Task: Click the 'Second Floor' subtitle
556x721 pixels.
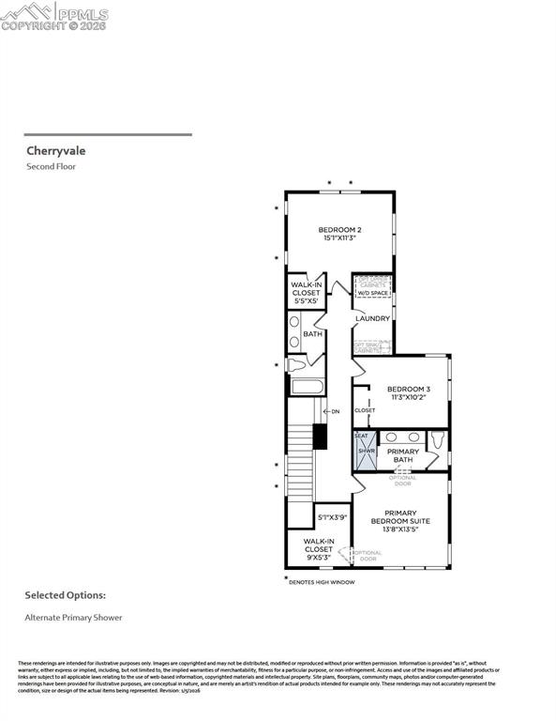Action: click(51, 166)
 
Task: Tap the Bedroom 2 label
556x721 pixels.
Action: click(339, 230)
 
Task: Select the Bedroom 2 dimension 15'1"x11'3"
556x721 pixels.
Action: click(339, 238)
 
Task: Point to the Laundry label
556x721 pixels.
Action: click(372, 319)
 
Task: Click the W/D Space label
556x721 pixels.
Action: click(372, 293)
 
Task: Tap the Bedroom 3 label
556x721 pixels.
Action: click(409, 389)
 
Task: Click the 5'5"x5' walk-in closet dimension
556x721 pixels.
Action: click(306, 301)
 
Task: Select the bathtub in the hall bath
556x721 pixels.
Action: click(307, 386)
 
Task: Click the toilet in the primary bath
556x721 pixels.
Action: click(438, 440)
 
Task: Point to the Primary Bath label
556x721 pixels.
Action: click(403, 455)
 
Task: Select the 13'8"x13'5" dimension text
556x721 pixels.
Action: click(399, 529)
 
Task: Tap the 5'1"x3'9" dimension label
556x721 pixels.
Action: click(332, 517)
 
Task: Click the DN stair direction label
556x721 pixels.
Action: click(333, 411)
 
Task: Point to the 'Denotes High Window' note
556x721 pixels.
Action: click(324, 581)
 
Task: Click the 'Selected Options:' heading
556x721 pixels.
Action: click(65, 595)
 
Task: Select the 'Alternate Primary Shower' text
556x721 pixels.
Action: click(73, 617)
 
